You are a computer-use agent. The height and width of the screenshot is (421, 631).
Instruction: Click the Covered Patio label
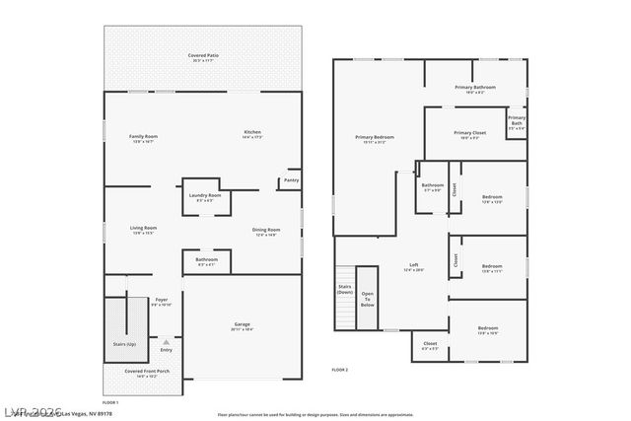click(202, 55)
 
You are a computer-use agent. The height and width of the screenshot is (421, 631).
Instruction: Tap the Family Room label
click(144, 137)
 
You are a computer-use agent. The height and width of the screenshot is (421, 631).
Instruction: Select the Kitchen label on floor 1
click(253, 134)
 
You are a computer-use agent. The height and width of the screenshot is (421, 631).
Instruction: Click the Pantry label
click(291, 180)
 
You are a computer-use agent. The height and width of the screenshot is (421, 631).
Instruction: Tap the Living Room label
click(144, 228)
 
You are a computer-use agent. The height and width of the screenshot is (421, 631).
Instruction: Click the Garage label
click(242, 324)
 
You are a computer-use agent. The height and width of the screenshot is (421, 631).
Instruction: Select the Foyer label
click(161, 300)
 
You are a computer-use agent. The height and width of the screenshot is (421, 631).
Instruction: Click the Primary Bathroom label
click(475, 87)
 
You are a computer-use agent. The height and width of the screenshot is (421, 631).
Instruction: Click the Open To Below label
click(367, 299)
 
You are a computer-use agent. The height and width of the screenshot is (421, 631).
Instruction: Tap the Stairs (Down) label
click(344, 289)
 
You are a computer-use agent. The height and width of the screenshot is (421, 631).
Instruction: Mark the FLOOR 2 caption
click(340, 369)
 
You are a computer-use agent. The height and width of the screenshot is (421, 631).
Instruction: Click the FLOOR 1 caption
click(110, 402)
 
